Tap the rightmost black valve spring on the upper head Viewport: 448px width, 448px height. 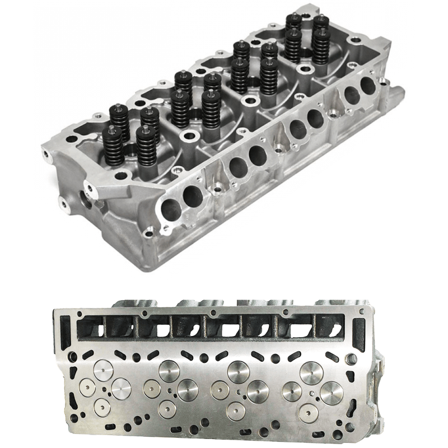pos(321,46)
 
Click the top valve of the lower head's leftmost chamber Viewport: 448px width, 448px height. pos(103,370)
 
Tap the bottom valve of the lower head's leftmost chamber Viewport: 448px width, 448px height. pos(102,407)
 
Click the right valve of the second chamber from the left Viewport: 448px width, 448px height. pos(187,390)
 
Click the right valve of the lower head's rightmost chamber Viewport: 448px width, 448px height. pos(332,393)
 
